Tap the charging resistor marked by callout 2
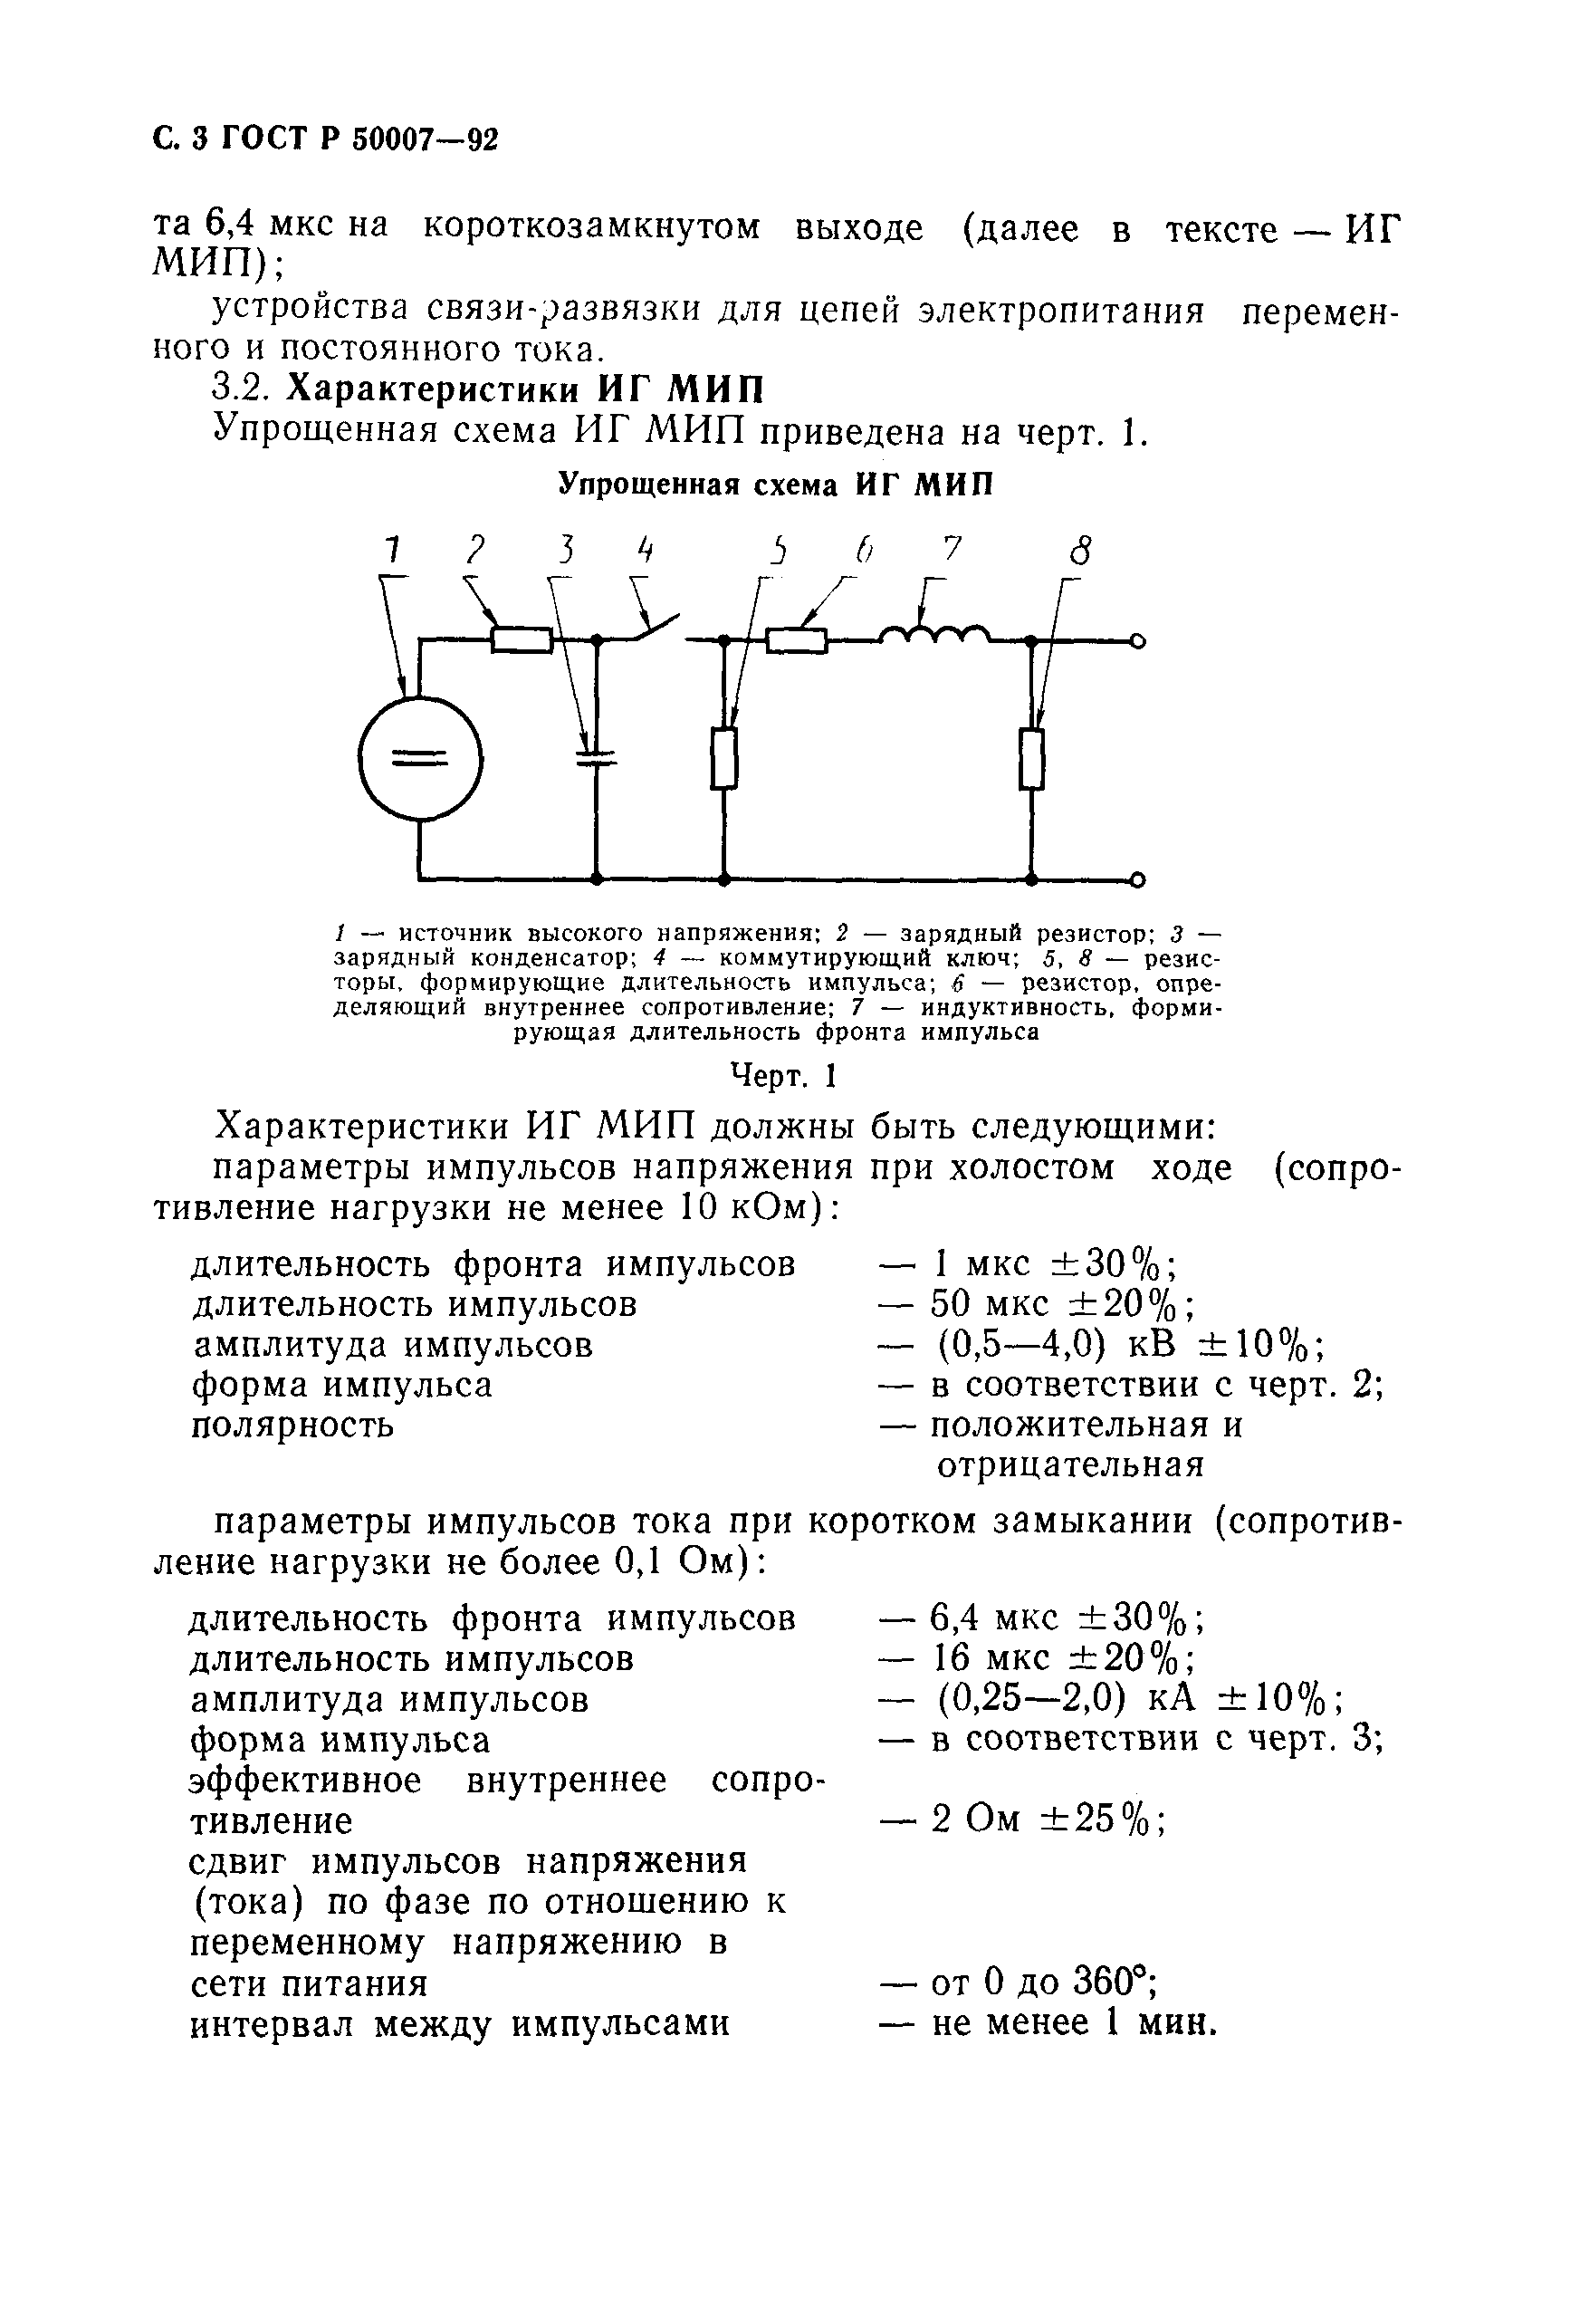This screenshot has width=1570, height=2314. pos(522,639)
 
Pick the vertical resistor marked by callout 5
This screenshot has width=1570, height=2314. pos(724,759)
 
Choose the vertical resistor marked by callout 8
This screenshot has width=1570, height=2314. pos(1032,759)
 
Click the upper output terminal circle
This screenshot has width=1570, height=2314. pos(1138,641)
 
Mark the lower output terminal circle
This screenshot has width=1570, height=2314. pos(1138,879)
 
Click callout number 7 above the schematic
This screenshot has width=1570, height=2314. pos(953,549)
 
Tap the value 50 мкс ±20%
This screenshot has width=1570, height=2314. pos(1062,1303)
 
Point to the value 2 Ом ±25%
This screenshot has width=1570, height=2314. pos(1048,1820)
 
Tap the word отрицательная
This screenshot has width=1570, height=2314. pos(1069,1464)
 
